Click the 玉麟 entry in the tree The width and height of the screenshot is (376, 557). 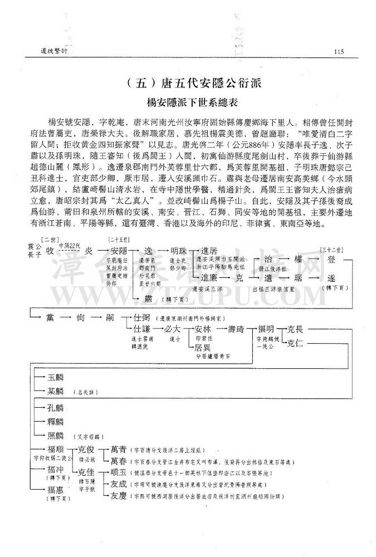(56, 377)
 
